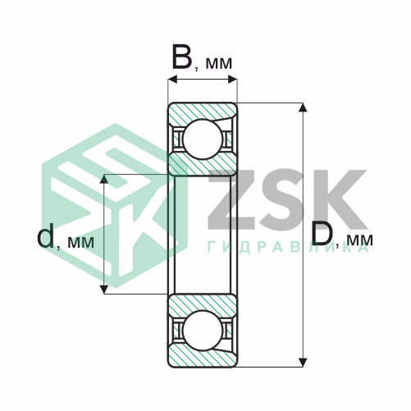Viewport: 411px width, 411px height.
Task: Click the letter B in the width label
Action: pyautogui.click(x=182, y=57)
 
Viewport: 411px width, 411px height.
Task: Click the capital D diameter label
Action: pyautogui.click(x=322, y=233)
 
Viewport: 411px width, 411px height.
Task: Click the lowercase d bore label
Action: pyautogui.click(x=46, y=235)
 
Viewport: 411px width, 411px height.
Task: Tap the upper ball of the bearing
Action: pyautogui.click(x=203, y=139)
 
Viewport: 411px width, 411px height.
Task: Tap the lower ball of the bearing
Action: pyautogui.click(x=203, y=331)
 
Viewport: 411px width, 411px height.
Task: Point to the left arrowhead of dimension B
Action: pyautogui.click(x=173, y=80)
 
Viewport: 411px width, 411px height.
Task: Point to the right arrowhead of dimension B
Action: pyautogui.click(x=232, y=80)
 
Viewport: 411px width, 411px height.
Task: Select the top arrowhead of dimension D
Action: pyautogui.click(x=303, y=107)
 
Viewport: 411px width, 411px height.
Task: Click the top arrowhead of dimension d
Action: pyautogui.click(x=104, y=179)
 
